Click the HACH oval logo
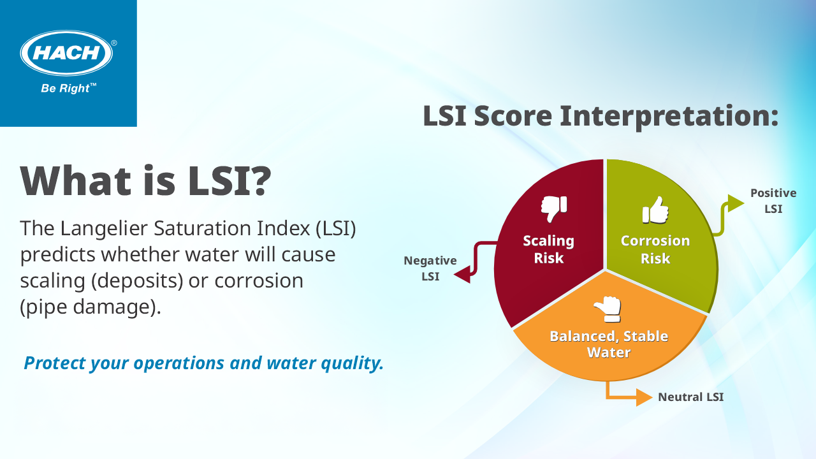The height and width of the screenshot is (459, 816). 66,53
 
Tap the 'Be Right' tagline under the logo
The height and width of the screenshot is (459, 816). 68,88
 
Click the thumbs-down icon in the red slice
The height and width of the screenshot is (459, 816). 554,208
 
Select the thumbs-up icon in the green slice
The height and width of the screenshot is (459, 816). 655,210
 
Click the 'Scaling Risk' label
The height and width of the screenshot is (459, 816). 549,249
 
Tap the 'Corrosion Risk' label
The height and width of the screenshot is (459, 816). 655,249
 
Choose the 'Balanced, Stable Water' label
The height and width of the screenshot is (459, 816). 609,344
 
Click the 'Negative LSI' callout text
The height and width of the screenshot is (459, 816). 430,268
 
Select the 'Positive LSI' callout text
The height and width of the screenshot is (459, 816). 773,201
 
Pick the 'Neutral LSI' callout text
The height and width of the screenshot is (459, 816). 690,397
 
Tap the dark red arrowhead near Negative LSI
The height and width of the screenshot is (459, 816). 463,274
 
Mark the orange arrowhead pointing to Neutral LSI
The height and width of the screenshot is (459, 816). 644,397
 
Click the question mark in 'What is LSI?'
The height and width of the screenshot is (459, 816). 259,180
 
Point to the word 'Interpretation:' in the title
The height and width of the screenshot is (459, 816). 669,116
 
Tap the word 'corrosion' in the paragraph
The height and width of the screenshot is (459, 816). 259,281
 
